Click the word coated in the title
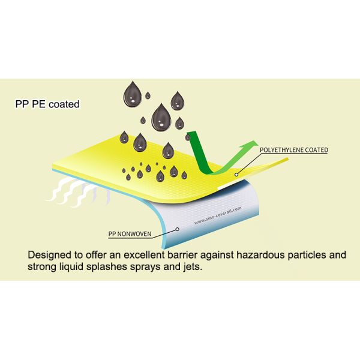(x=64, y=104)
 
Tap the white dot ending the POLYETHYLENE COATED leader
(x=238, y=175)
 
